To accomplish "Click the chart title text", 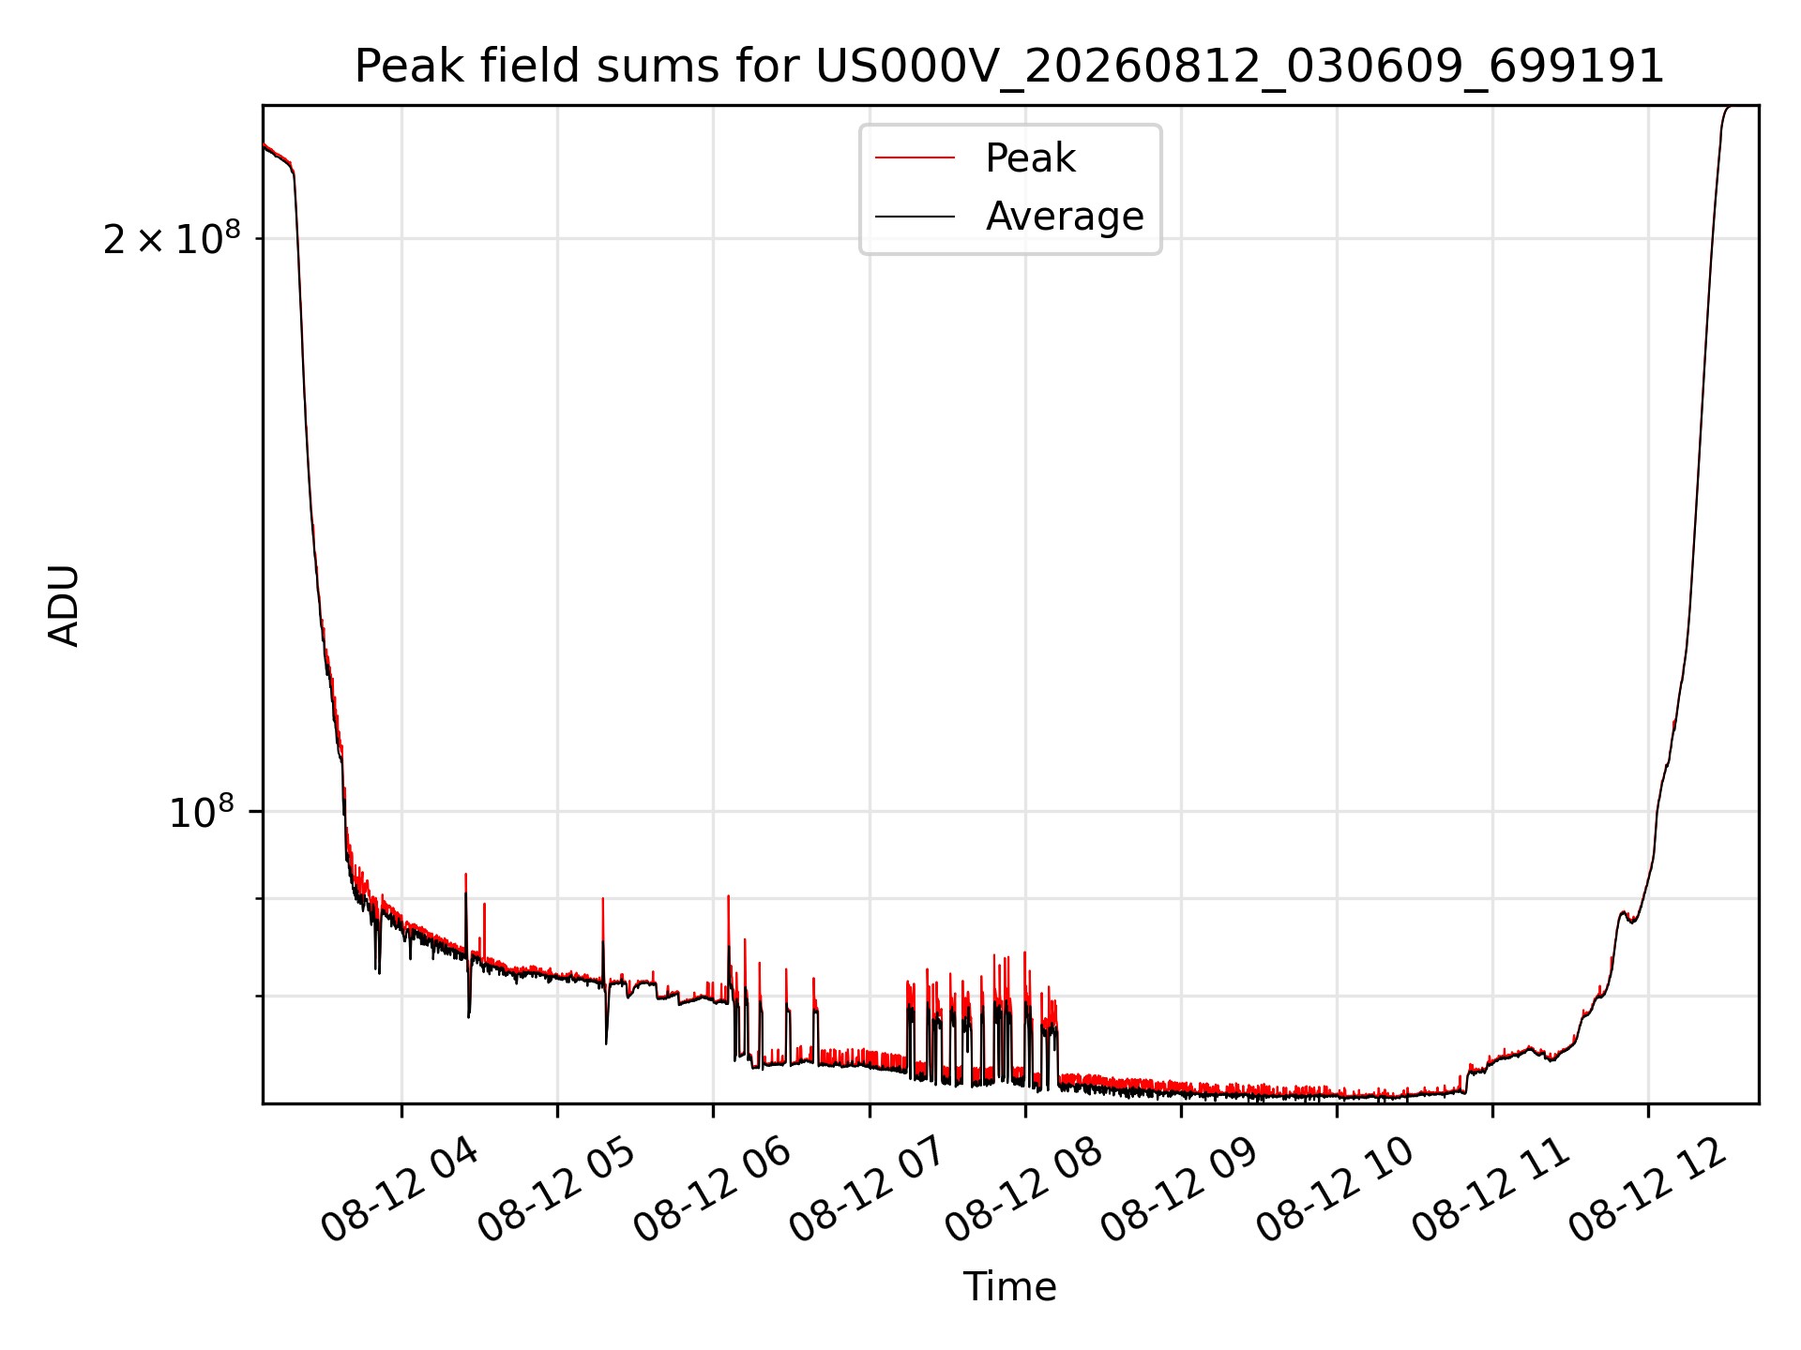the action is tap(1009, 67).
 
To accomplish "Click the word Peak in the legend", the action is tap(1030, 158).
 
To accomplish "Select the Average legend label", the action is tap(1065, 217).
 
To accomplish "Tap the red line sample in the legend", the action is tap(915, 158).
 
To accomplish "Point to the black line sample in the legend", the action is tap(915, 217).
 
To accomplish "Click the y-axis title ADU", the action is tap(64, 605).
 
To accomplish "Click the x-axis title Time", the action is tap(1009, 1287).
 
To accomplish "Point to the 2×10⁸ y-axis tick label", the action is tap(172, 238).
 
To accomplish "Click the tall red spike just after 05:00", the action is tap(603, 937).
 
